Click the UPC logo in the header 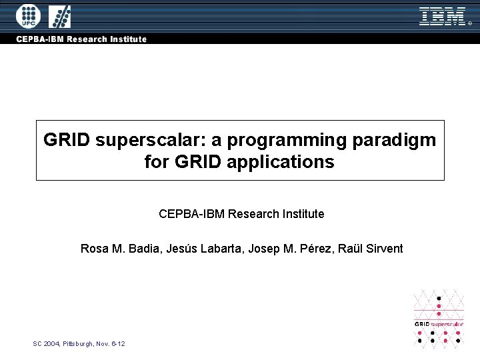coord(28,15)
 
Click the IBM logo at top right coord(442,16)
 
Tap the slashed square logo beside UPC coord(60,15)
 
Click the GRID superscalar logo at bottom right coord(439,318)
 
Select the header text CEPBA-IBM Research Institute coord(81,39)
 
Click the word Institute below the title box coord(302,214)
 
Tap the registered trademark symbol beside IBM coord(469,23)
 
